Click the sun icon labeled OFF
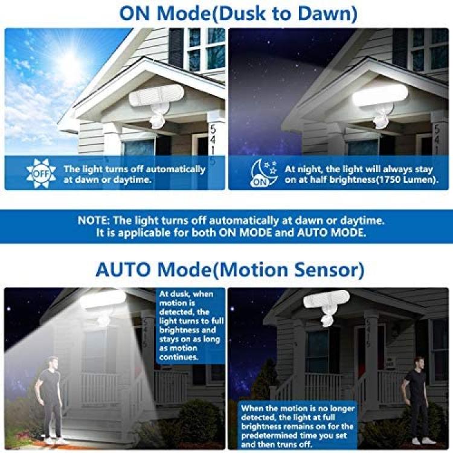[40, 173]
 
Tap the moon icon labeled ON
[264, 173]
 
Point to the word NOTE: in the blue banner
[94, 220]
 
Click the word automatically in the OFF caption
[176, 169]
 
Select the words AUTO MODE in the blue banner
[332, 233]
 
